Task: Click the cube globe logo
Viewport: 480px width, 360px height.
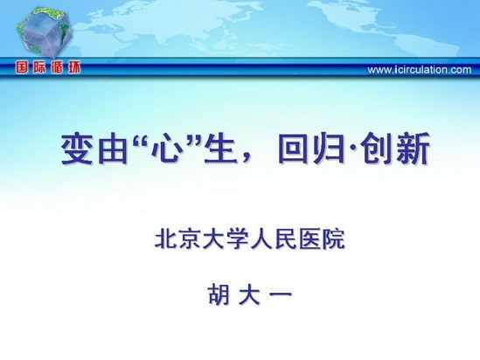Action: [44, 33]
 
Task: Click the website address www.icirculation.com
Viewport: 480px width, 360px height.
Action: [420, 70]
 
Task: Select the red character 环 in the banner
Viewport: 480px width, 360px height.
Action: [73, 67]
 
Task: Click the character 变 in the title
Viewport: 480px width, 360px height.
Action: [77, 149]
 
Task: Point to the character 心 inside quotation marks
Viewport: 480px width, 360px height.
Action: [166, 149]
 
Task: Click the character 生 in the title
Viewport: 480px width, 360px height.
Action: [221, 149]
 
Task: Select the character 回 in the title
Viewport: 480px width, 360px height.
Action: [295, 149]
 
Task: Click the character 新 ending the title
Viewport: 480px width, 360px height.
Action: [413, 149]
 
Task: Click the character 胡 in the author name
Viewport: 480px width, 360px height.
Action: [219, 294]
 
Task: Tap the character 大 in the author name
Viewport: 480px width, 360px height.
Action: [249, 294]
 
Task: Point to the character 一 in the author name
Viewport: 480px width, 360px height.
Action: [280, 294]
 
